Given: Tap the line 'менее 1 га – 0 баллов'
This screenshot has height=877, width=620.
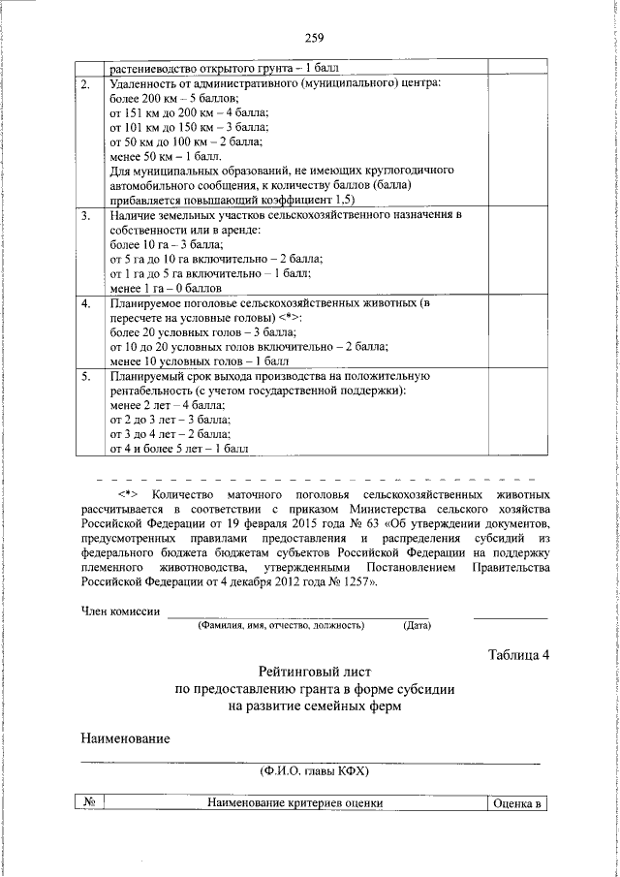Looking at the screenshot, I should (x=168, y=288).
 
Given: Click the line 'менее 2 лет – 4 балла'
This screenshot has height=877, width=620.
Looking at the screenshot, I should (x=168, y=404).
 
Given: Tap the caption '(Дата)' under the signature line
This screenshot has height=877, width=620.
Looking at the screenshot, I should (x=418, y=625).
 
